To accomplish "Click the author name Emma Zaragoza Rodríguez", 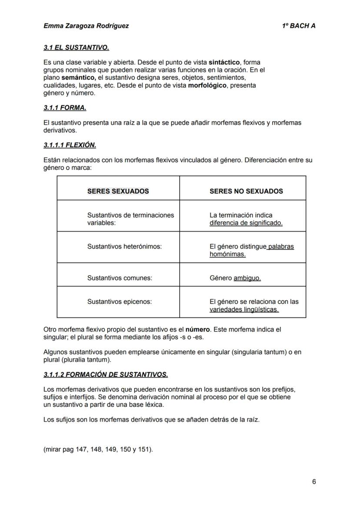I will coord(86,26).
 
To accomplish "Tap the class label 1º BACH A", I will coord(299,26).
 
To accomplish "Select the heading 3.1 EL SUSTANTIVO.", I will coord(76,47).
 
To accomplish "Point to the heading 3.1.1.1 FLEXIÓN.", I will coord(70,145).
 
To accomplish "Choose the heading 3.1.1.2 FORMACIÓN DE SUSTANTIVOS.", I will coord(106,374).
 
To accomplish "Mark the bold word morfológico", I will coord(207,85).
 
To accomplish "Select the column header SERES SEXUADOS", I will coord(118,191).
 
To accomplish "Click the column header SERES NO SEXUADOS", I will coord(246,191).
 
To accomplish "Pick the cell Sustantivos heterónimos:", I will coord(124,246).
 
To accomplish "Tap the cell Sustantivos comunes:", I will coord(120,278).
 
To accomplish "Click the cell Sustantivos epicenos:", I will coord(120,302).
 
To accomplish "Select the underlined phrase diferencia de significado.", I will coord(246,223).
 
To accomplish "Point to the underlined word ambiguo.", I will coord(247,278).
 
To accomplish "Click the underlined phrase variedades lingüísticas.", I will coord(244,309).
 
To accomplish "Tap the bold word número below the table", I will coord(197,329).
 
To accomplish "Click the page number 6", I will coord(314,481).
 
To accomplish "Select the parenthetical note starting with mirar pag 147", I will coord(98,449).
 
